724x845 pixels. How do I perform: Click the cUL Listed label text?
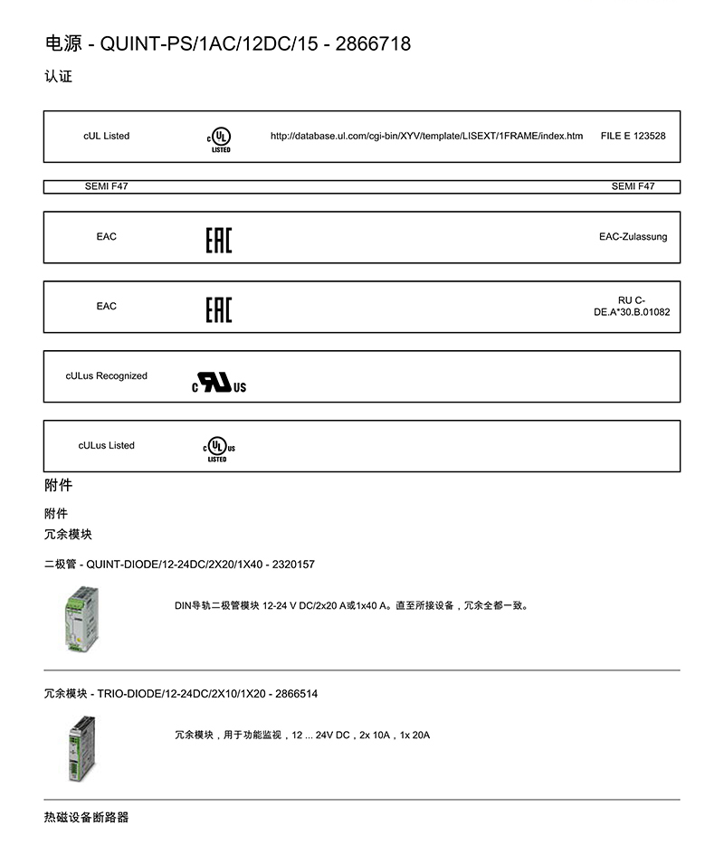pos(106,136)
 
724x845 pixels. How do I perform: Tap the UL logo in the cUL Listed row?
pos(219,138)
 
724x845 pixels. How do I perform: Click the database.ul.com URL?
pos(426,136)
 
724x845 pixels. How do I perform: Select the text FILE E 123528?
pos(633,136)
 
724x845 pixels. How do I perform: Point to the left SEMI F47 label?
pos(106,186)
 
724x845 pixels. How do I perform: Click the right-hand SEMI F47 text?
pos(633,186)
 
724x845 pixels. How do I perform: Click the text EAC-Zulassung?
pos(633,237)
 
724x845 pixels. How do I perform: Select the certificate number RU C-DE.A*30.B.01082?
pos(631,306)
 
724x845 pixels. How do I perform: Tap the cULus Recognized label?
pos(106,375)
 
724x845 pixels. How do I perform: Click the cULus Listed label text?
pos(106,445)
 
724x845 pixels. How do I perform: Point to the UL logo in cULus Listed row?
pos(218,449)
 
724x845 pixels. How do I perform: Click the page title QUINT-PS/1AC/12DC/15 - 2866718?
pos(227,43)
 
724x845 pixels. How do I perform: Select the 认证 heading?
pos(58,76)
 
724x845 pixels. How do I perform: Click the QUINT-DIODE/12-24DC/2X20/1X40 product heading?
pos(179,565)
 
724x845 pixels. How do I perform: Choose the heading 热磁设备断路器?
pos(86,817)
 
